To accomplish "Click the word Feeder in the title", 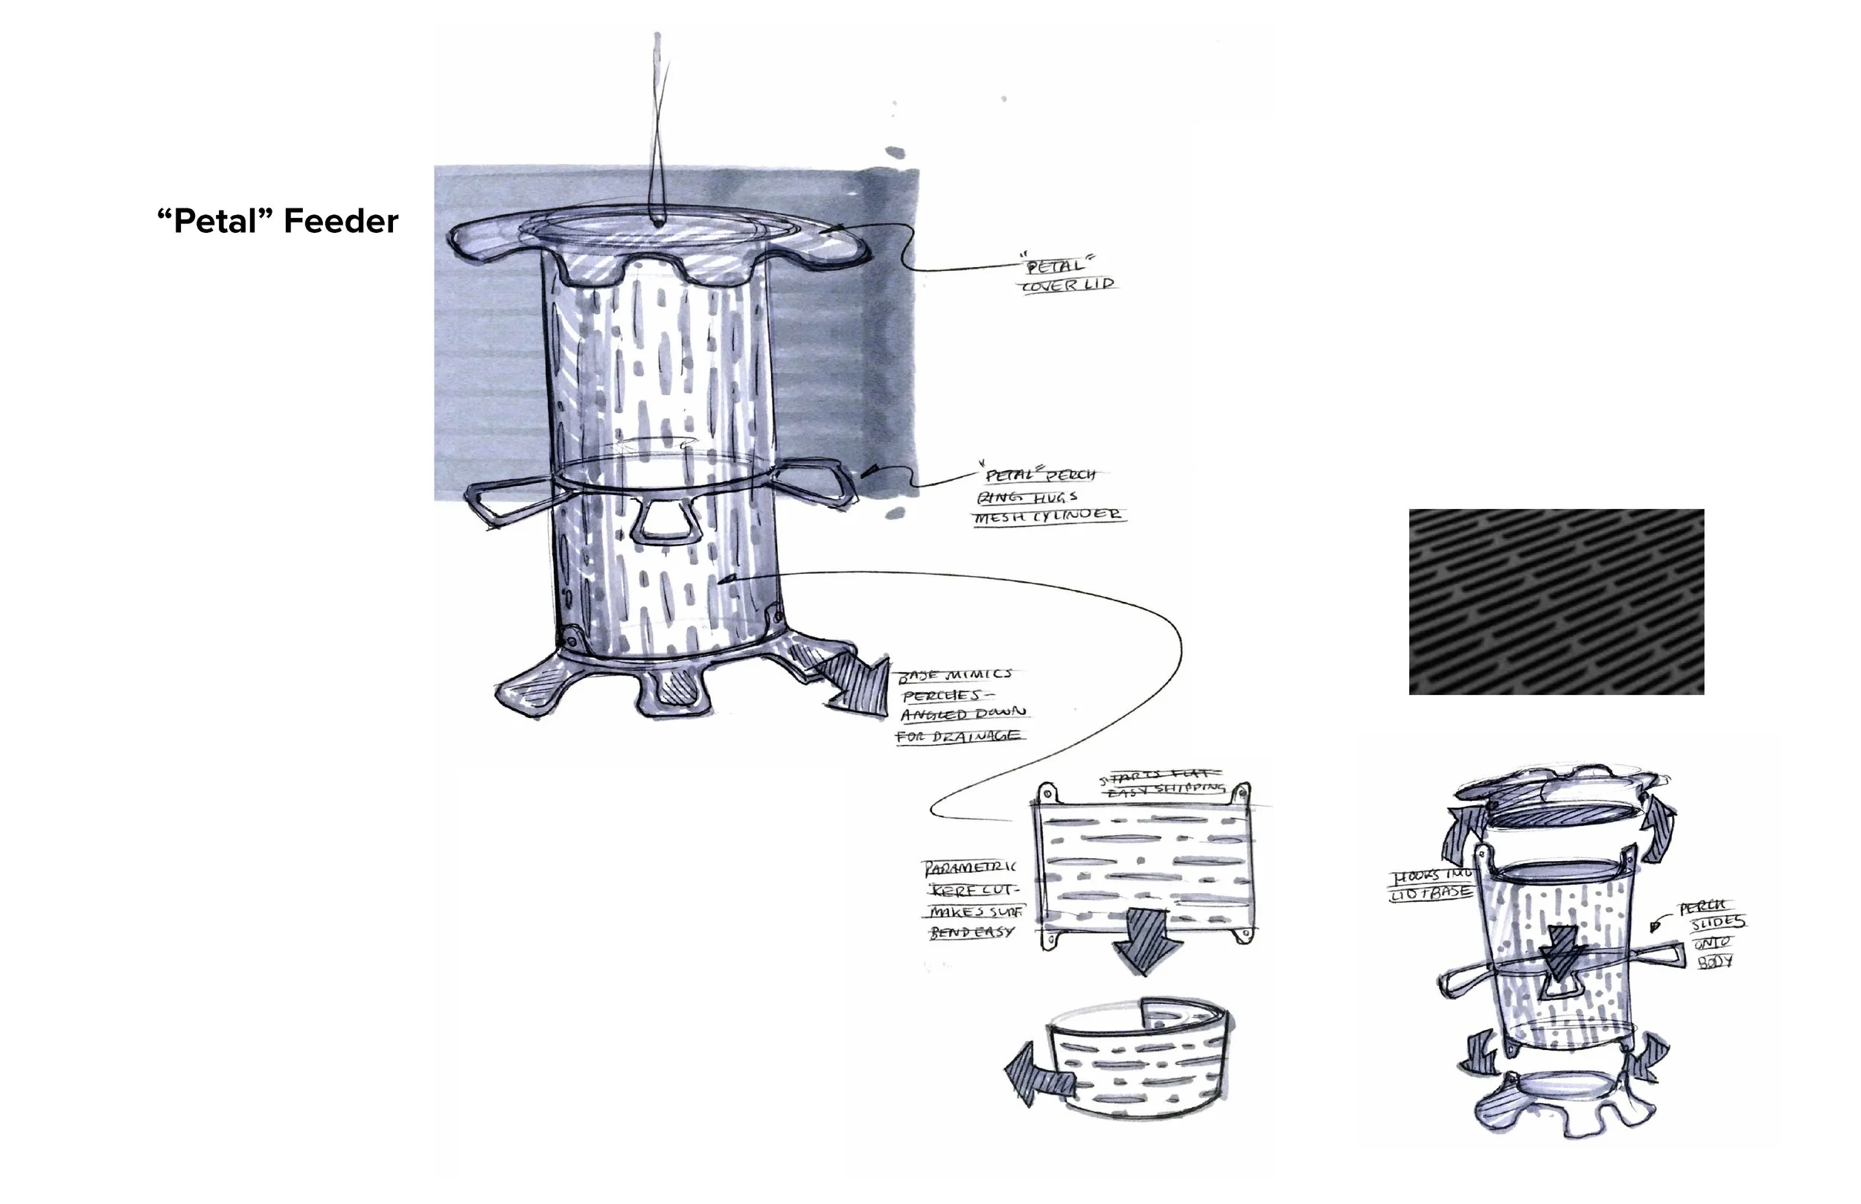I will coord(341,221).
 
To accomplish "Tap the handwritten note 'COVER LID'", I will coord(1069,284).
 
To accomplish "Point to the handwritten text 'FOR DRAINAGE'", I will coord(958,737).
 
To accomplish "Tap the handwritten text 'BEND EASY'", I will coord(972,932).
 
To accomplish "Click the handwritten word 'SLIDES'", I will coord(1717,923).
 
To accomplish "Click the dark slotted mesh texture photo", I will coord(1556,601).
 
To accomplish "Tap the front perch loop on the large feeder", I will coord(667,523).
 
